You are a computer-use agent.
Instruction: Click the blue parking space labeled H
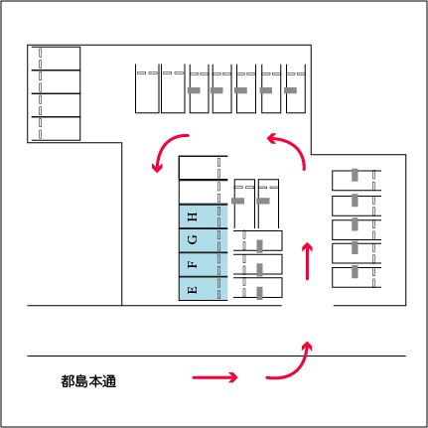click(204, 216)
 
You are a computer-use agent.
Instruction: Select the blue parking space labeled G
click(204, 240)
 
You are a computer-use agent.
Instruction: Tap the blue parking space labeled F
click(204, 265)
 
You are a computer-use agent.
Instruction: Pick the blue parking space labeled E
click(204, 289)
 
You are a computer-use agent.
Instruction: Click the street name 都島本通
click(88, 381)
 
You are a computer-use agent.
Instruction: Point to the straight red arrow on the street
click(214, 377)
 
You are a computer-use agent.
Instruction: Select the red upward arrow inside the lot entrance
click(308, 261)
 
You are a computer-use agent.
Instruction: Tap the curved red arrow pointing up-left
click(294, 145)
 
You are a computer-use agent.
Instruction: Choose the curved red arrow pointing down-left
click(163, 146)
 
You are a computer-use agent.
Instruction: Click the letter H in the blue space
click(193, 216)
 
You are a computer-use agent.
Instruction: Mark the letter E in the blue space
click(193, 290)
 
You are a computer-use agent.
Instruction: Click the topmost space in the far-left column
click(56, 59)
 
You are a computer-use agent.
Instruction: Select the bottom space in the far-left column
click(56, 129)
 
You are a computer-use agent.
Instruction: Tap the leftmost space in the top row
click(147, 88)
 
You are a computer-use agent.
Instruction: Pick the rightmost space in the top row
click(296, 88)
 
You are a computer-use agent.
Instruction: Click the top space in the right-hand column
click(357, 181)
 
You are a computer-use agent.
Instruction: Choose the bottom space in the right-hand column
click(357, 277)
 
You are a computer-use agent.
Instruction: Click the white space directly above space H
click(204, 192)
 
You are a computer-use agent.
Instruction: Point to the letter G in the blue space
click(193, 239)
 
